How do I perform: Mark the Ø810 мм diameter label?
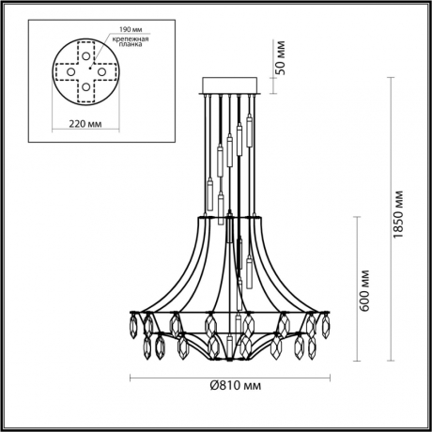pyautogui.click(x=230, y=386)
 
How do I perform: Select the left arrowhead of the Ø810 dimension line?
pyautogui.click(x=129, y=377)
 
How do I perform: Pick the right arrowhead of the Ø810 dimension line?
pyautogui.click(x=331, y=377)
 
